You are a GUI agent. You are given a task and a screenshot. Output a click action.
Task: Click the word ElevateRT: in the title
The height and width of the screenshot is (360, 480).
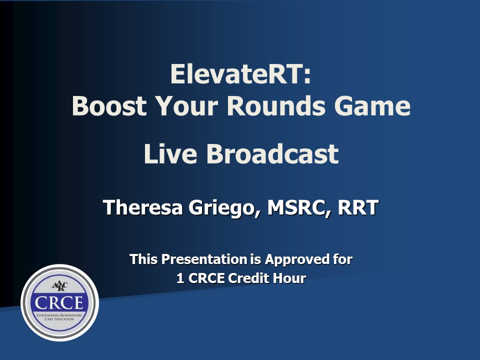tap(240, 74)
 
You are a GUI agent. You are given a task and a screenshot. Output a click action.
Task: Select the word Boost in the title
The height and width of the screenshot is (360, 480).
tap(109, 106)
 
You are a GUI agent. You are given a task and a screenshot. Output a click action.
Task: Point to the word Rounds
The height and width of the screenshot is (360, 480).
tap(276, 106)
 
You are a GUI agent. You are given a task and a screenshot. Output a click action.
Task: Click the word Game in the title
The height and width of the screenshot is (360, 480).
tap(372, 106)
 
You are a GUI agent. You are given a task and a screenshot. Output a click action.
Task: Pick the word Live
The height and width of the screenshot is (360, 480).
tap(170, 153)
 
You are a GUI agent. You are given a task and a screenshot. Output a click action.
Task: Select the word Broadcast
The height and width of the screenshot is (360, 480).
tap(273, 153)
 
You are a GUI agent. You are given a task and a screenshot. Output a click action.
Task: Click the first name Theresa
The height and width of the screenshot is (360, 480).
tap(143, 207)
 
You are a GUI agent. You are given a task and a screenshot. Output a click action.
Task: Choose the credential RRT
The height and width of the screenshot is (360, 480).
tap(358, 207)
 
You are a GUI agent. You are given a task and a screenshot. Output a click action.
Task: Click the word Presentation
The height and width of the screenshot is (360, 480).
tap(204, 259)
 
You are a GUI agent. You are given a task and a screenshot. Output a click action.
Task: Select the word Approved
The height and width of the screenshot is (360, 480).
tap(296, 260)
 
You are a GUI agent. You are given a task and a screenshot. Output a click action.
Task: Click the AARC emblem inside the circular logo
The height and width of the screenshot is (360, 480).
tap(59, 286)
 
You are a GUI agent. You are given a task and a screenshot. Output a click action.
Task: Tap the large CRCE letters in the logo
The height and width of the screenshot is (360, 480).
tap(59, 303)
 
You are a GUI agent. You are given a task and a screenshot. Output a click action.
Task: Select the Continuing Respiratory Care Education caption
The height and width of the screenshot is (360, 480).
tap(59, 317)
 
